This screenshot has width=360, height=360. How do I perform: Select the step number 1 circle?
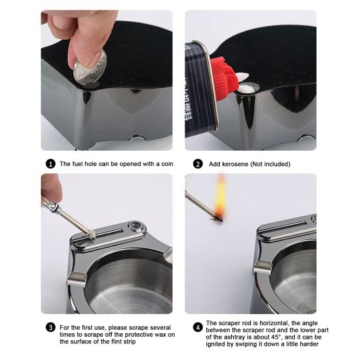[x=50, y=164]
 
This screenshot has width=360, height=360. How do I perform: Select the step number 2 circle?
[x=197, y=164]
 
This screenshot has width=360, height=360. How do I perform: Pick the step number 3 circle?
[x=50, y=328]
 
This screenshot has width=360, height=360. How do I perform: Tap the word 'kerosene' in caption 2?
[x=235, y=165]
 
